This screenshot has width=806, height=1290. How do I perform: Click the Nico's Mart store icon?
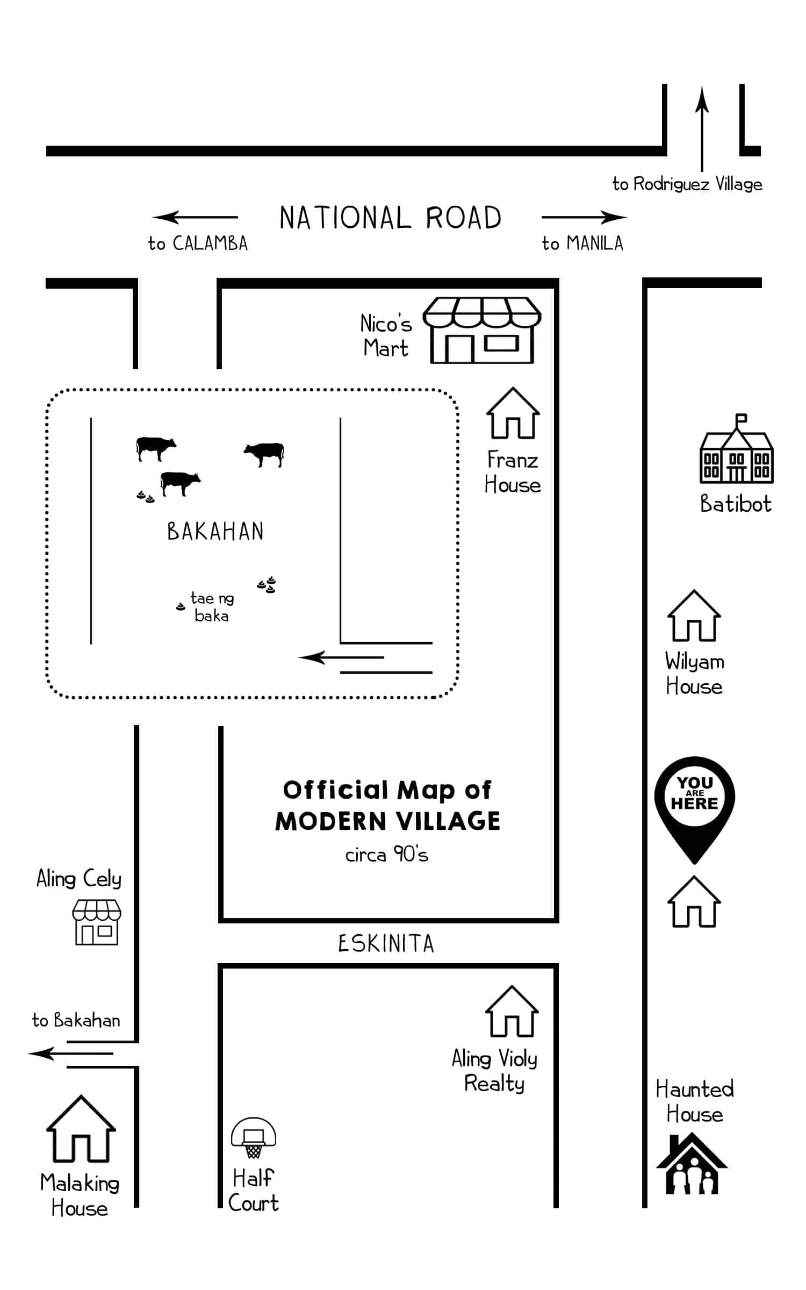coord(482,330)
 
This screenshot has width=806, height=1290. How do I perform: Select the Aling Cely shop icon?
coord(97,922)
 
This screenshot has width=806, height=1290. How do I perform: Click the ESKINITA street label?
coord(386,944)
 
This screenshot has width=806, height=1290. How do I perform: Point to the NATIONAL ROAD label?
coord(390,218)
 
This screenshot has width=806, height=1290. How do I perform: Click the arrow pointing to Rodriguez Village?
coord(702,129)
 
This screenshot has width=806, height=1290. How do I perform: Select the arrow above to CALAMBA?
coord(195,217)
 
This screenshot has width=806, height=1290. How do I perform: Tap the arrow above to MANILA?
coord(584,217)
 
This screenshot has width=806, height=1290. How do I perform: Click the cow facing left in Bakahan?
coord(264,453)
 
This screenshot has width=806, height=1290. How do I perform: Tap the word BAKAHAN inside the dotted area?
coord(215,532)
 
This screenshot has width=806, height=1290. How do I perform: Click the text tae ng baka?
coord(212,606)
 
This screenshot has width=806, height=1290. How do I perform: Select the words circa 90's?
coord(386,855)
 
